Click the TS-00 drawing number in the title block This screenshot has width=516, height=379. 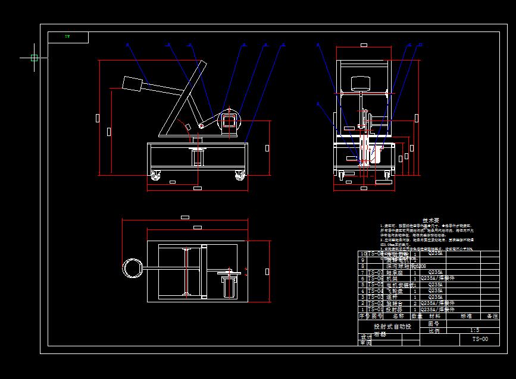[480, 339]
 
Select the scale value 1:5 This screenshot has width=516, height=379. [474, 330]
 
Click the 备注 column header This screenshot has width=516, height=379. [492, 317]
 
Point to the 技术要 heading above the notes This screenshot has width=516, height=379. [430, 220]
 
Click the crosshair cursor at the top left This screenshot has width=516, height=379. [34, 58]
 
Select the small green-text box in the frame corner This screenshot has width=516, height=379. [68, 37]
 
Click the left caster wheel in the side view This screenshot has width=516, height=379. [156, 176]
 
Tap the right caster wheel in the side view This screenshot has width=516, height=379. [239, 176]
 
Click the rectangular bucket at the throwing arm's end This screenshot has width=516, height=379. [132, 83]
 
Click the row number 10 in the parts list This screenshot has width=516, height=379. [363, 254]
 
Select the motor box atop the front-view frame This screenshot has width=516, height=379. [362, 83]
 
